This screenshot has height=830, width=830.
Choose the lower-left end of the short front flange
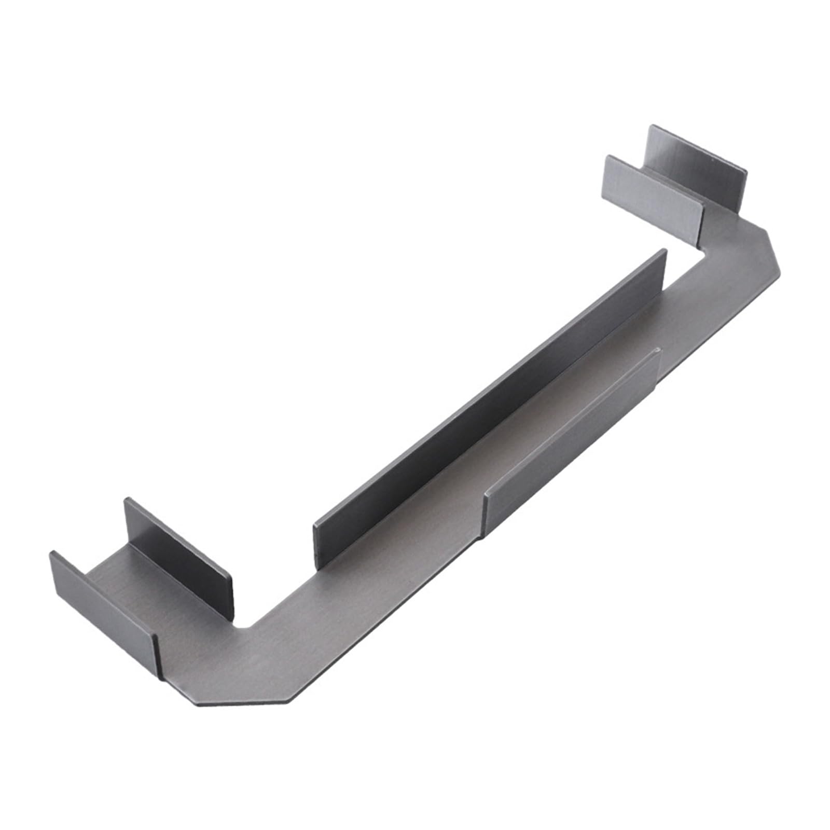487,508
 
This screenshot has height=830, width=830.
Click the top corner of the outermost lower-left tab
52,552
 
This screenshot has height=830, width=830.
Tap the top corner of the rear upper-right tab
650,126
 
